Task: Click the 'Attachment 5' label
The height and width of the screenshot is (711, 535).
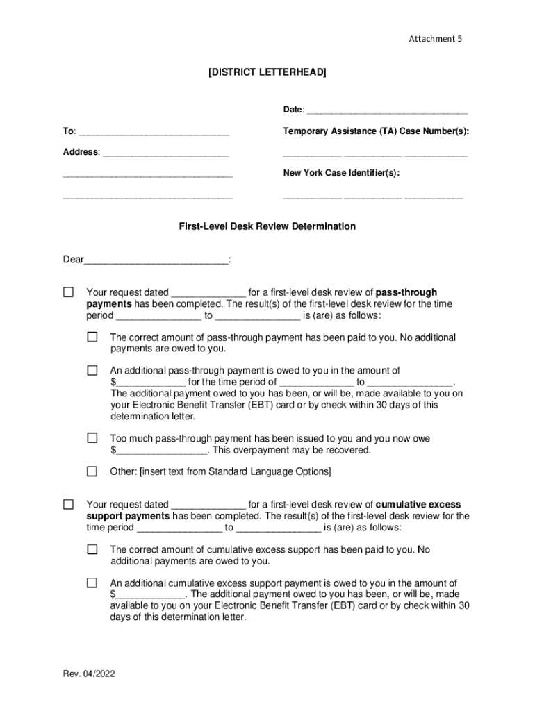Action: click(435, 39)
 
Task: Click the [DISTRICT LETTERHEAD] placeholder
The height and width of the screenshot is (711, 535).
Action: click(267, 72)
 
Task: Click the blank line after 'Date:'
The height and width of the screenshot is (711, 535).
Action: click(387, 110)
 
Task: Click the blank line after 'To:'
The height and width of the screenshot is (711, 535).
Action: click(154, 132)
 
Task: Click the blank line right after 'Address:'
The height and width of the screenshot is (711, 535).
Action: click(165, 153)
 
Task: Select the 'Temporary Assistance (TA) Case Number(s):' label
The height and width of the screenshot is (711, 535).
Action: click(376, 131)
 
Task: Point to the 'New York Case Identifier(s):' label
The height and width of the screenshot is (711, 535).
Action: click(341, 173)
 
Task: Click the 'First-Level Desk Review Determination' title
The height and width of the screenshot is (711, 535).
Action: click(267, 226)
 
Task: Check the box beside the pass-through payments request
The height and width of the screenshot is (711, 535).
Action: click(68, 292)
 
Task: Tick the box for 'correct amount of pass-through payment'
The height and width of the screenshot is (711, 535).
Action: click(92, 337)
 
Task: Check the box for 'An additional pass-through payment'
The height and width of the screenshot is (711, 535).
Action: click(92, 371)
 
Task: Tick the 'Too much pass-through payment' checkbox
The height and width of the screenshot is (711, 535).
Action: click(92, 438)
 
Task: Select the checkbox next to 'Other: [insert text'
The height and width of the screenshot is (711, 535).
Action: click(92, 471)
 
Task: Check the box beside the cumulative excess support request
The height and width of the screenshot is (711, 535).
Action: click(68, 504)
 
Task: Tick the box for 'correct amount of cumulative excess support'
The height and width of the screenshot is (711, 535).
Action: click(92, 549)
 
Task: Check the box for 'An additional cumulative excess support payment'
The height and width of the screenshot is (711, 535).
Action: click(92, 583)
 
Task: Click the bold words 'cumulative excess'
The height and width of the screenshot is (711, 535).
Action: click(418, 505)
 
